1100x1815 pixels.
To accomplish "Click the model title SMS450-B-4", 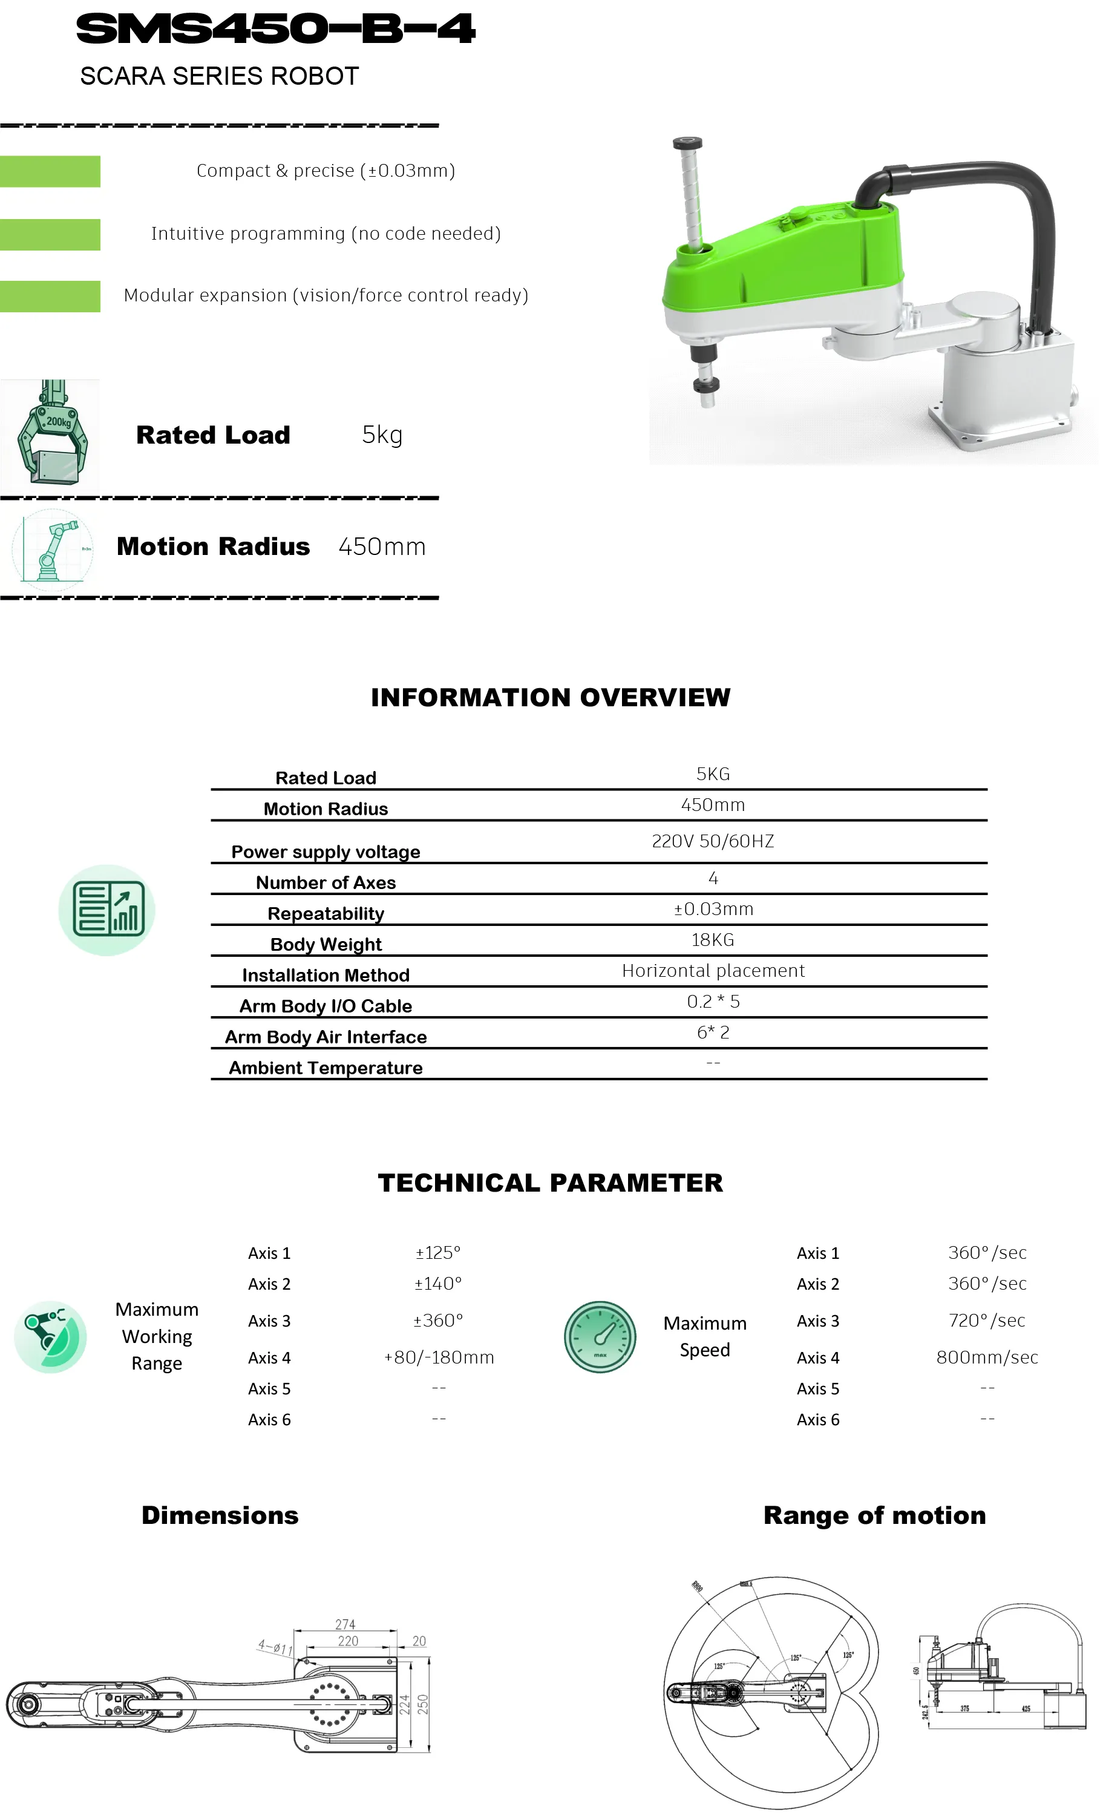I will tap(275, 30).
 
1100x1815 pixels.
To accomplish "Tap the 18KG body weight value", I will tap(712, 939).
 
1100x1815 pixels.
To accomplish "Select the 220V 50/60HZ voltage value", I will tap(712, 841).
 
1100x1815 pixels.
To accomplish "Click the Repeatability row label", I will tap(326, 913).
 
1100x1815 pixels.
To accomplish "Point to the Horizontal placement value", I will tap(713, 970).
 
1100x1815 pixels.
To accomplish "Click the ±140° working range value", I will tap(438, 1283).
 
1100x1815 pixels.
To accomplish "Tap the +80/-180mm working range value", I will tap(439, 1357).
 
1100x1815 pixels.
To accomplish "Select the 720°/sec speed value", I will tap(987, 1320).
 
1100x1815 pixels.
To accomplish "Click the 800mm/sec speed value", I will tap(987, 1357).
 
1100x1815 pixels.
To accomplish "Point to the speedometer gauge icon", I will tap(600, 1336).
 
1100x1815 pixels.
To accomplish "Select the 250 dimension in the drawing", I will tap(422, 1704).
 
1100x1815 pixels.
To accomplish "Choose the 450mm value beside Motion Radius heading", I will tap(381, 546).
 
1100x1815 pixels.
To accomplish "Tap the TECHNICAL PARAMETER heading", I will tap(550, 1182).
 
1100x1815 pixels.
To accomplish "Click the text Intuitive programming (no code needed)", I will tap(326, 234).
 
